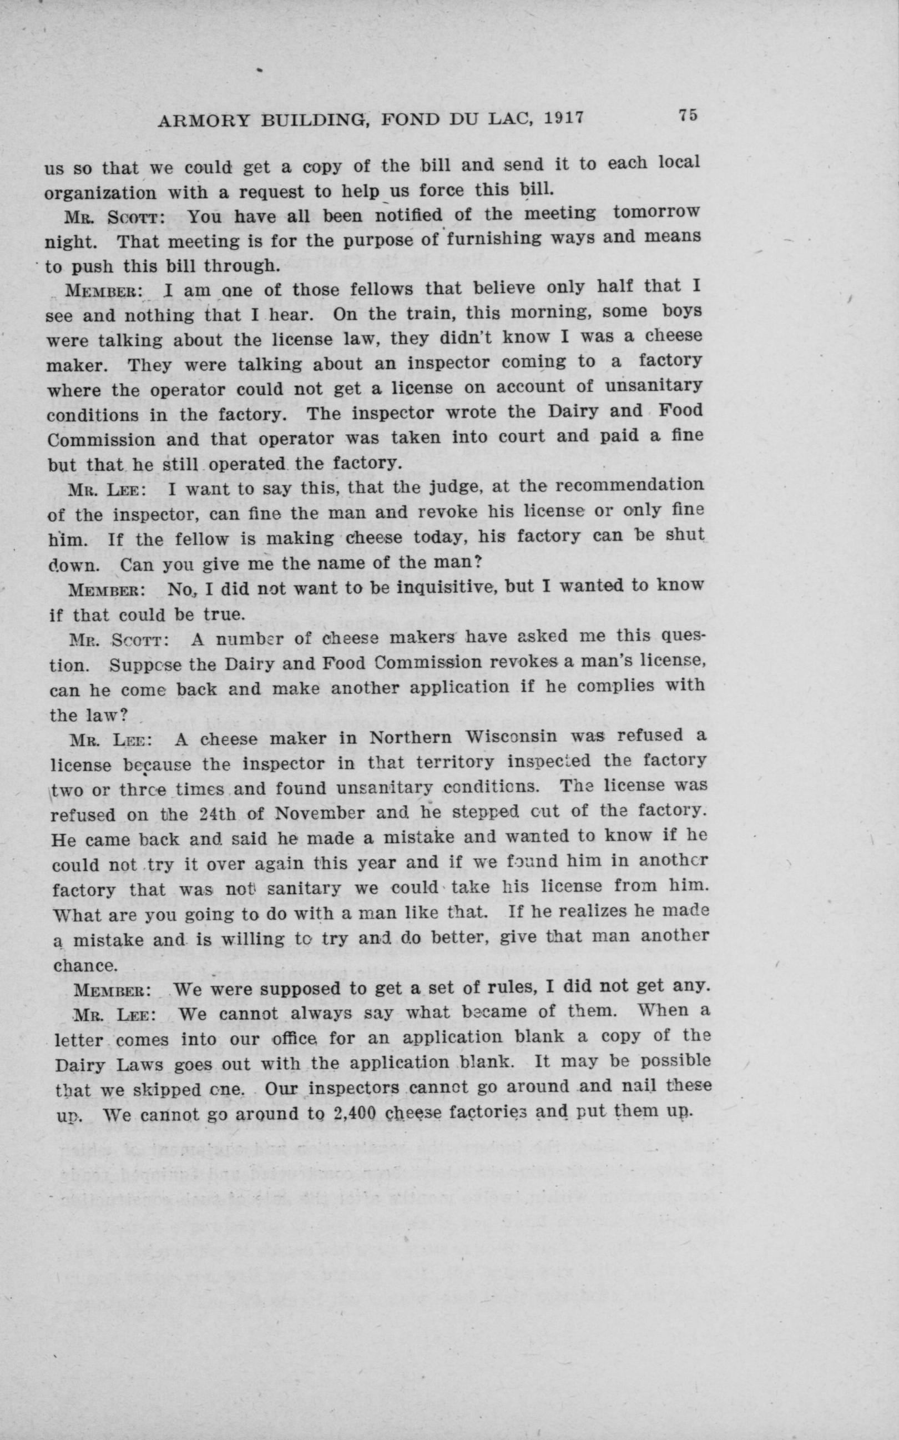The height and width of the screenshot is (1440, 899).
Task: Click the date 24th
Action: click(x=219, y=813)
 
